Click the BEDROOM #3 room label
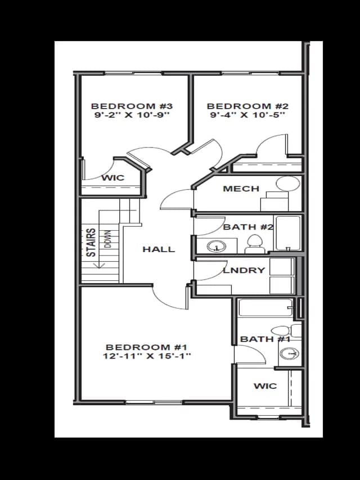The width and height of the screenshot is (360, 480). pos(132,106)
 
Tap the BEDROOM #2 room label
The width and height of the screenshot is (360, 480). pos(247,106)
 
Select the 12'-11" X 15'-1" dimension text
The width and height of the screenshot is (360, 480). pos(147,356)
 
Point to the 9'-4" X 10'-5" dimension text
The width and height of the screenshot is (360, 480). pos(247,115)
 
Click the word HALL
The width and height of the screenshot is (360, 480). pos(159,249)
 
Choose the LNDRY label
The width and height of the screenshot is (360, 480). pos(244,270)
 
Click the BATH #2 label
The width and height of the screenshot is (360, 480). pos(248,227)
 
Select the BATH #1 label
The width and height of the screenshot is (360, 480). pos(265,339)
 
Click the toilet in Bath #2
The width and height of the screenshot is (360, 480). pos(255,244)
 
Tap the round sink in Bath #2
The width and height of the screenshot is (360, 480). pos(217,246)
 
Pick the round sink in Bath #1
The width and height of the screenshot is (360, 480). pos(290,353)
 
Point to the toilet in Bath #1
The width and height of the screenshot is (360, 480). pos(286,331)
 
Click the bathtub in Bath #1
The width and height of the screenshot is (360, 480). pos(265,308)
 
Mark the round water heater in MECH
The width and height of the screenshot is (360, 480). pos(288,183)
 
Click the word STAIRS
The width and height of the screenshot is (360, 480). pos(91,243)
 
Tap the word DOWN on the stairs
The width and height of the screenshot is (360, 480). pos(108,239)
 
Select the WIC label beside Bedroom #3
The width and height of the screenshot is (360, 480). pos(113,178)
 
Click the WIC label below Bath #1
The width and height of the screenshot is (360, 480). pos(265,386)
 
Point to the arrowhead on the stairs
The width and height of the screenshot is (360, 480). pos(99,266)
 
